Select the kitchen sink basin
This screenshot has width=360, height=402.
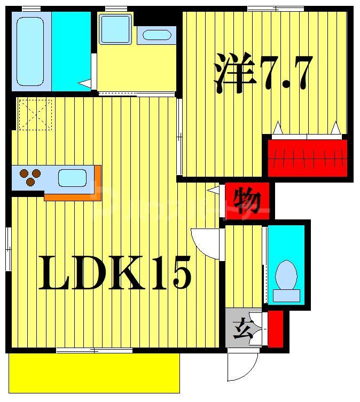pyautogui.click(x=72, y=178)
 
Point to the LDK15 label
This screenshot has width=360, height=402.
pyautogui.click(x=114, y=273)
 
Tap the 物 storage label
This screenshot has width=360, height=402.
pyautogui.click(x=247, y=202)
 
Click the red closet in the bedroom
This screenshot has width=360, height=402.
pyautogui.click(x=307, y=157)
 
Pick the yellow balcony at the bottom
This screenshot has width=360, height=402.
pyautogui.click(x=93, y=372)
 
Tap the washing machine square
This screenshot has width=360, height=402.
pyautogui.click(x=115, y=29)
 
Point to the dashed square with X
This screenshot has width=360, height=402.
pyautogui.click(x=35, y=114)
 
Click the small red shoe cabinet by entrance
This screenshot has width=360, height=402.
pyautogui.click(x=275, y=329)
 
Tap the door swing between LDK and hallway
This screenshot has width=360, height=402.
pyautogui.click(x=206, y=243)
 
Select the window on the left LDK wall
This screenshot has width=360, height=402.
pyautogui.click(x=9, y=249)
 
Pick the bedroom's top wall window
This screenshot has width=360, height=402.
pyautogui.click(x=276, y=8)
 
